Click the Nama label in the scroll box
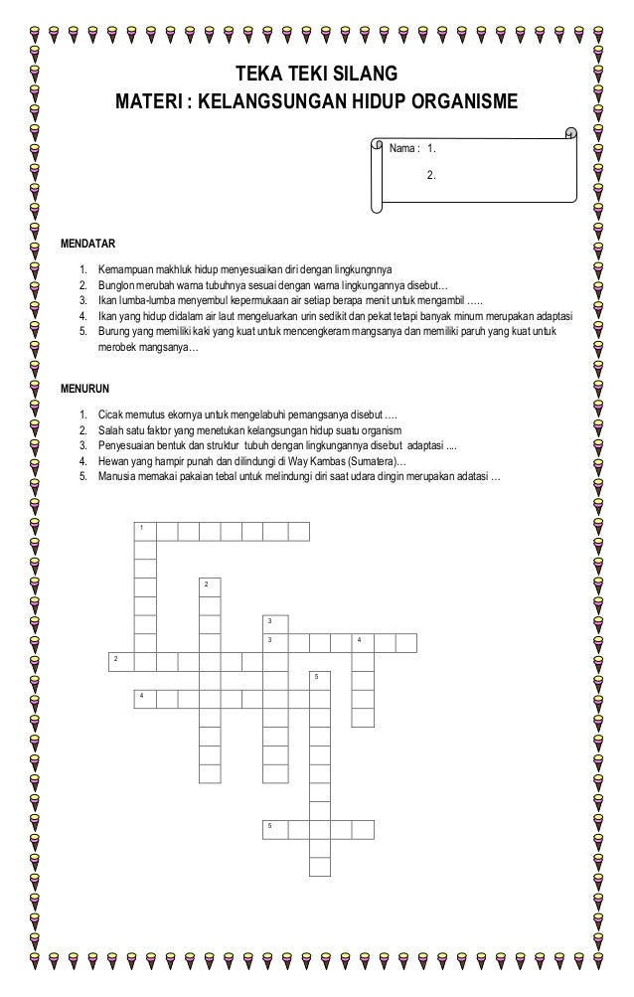coord(401,149)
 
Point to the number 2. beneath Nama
coord(430,175)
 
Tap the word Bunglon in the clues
coord(114,284)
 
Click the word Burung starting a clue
coord(113,332)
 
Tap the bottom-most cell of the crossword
coord(319,865)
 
